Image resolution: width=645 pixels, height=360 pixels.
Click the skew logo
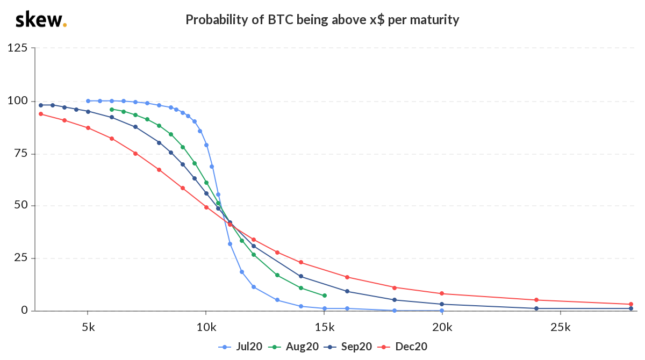click(x=40, y=20)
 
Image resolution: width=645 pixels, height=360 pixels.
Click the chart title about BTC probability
click(x=322, y=20)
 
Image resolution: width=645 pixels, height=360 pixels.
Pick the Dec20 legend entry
click(x=406, y=347)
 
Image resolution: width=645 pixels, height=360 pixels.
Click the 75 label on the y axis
click(x=20, y=153)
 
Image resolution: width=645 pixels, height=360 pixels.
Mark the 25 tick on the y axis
click(x=20, y=258)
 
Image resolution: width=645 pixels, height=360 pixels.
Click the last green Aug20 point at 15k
click(x=324, y=296)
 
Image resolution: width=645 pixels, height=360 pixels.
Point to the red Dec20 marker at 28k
click(x=630, y=304)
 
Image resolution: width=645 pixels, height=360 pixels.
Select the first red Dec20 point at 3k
click(x=41, y=114)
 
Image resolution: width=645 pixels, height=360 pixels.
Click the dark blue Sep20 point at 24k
click(x=536, y=308)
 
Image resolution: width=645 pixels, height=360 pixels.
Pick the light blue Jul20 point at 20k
click(x=442, y=311)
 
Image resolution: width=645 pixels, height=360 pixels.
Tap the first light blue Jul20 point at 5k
click(x=88, y=100)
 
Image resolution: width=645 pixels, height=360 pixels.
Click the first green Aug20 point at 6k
click(x=112, y=109)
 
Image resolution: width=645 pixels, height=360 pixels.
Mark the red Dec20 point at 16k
click(x=347, y=277)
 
